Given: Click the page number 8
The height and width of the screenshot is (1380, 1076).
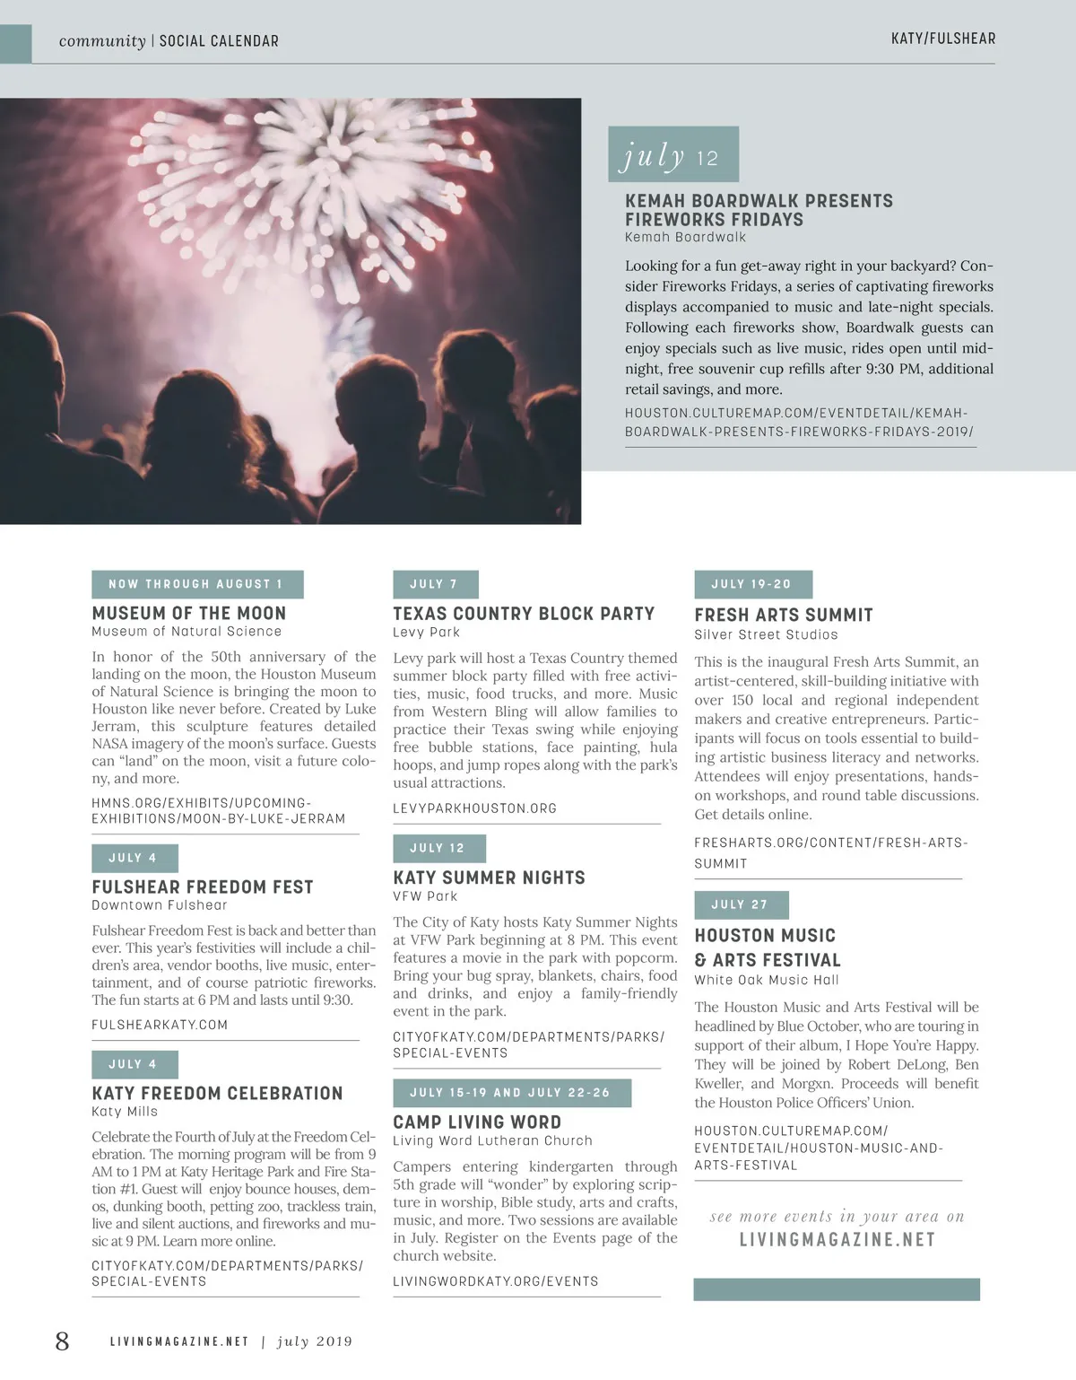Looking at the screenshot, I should coord(62,1341).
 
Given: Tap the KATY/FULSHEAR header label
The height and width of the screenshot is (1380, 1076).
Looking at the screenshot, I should coord(942,39).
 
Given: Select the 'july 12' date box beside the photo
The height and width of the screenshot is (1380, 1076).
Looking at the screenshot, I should coord(672,155).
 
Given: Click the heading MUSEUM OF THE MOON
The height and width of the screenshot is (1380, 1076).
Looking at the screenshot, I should coord(189,614).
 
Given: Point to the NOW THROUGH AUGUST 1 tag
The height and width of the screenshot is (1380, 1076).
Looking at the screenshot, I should coord(197,584).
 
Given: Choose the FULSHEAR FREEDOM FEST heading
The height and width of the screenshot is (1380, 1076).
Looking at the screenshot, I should coord(203,887).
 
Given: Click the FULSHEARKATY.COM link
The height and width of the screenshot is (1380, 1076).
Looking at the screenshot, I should coord(160,1025).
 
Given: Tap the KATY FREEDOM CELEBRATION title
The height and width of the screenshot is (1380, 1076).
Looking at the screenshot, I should coord(217,1094).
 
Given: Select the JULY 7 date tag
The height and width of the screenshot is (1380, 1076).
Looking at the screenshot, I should coord(435,584).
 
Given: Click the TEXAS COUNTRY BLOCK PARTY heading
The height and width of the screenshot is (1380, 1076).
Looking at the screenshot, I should coord(524,614).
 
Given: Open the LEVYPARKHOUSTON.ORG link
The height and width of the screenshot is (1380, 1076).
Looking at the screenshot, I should coord(474,808).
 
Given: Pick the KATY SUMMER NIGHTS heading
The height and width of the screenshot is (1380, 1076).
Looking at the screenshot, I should coord(489,878).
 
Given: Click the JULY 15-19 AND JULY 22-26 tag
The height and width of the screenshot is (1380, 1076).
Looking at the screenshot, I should coord(511,1093).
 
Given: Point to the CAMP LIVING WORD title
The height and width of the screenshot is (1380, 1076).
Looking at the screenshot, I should coord(477,1122).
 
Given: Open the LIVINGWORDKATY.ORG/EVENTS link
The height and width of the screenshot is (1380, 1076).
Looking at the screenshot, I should coord(496,1281).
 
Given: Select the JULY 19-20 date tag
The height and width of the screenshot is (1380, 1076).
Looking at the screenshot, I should coord(752,584).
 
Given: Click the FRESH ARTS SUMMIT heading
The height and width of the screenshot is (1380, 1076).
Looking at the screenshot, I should coord(784,615).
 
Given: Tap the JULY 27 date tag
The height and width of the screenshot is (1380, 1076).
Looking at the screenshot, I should coord(741,904).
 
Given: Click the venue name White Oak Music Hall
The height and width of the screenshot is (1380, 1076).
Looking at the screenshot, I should coord(767,980).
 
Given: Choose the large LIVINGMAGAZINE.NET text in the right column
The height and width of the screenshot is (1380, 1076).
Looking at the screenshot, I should coord(837,1239).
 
